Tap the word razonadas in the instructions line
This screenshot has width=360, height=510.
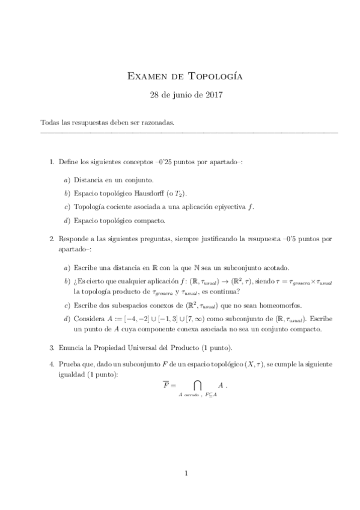point(158,123)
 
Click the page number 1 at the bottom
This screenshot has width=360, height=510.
point(186,473)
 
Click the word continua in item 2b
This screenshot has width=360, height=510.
point(222,291)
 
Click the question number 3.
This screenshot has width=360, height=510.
point(51,347)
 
